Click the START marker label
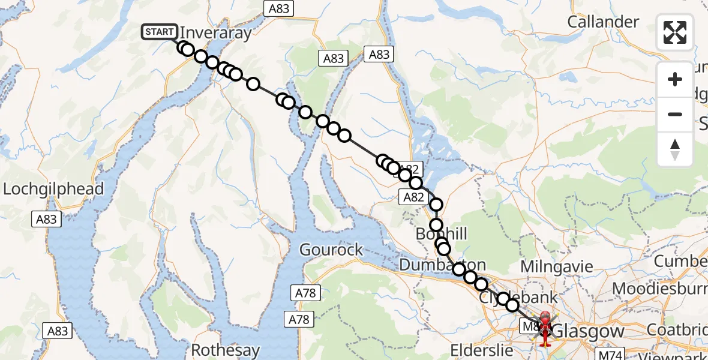160,32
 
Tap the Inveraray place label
216,33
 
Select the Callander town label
603,22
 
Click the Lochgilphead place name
53,189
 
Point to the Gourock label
331,250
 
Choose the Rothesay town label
226,350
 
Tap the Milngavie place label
556,266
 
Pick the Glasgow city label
588,331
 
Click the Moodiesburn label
659,289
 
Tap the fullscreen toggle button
675,32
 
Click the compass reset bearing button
675,149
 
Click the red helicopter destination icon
545,328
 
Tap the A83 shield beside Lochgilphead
46,219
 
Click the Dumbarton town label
442,265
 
